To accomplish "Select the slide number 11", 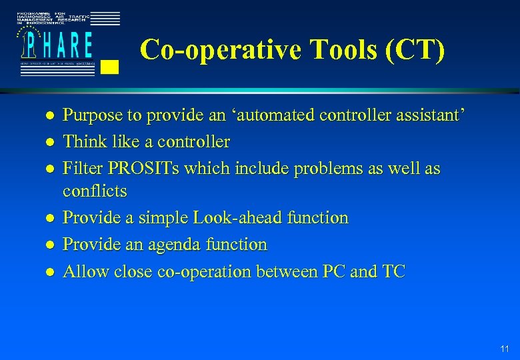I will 504,347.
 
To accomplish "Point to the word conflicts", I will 95,191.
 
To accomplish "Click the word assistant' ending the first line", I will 427,115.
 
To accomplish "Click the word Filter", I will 83,169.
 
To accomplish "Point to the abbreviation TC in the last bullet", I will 393,271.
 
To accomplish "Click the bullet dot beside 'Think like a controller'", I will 31,143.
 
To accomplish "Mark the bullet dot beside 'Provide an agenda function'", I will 31,245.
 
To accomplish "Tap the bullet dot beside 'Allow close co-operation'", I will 31,272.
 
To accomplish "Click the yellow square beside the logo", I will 112,66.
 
